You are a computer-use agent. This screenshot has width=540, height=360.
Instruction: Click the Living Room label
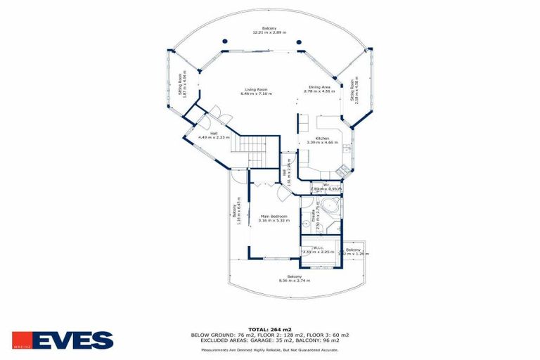255,89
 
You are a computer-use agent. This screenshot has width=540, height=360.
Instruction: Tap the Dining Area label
317,86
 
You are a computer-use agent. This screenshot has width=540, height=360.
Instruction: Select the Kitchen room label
322,139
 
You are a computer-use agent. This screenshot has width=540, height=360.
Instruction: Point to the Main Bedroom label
273,216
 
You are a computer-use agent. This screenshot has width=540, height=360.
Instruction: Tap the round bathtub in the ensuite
333,208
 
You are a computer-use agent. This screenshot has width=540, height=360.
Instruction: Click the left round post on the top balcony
224,41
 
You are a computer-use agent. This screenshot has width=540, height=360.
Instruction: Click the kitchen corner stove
342,169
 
